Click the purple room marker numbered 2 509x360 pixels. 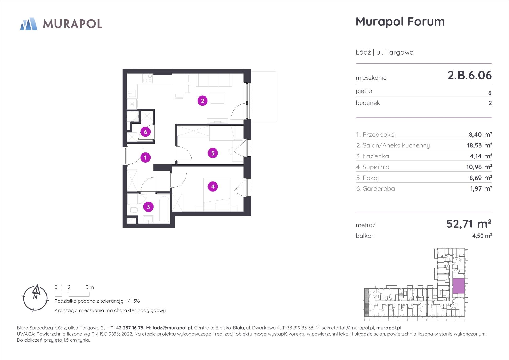[x=203, y=101]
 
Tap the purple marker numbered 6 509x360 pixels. [x=146, y=132]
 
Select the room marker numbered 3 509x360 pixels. [x=148, y=207]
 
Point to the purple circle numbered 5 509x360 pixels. [x=213, y=153]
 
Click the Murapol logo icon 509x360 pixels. [x=29, y=24]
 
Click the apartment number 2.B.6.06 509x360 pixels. [x=470, y=75]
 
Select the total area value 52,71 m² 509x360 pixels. [x=469, y=224]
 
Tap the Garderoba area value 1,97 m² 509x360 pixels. [x=481, y=188]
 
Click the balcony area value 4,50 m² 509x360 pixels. [x=482, y=236]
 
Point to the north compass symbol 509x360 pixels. [x=35, y=298]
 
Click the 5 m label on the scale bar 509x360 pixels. [x=90, y=287]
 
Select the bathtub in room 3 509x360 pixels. [x=164, y=208]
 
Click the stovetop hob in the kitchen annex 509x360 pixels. [x=148, y=78]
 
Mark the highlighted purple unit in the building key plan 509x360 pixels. [x=459, y=286]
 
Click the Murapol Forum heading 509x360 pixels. [x=400, y=21]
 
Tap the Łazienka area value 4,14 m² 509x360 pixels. [x=481, y=156]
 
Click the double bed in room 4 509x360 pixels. [x=217, y=194]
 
